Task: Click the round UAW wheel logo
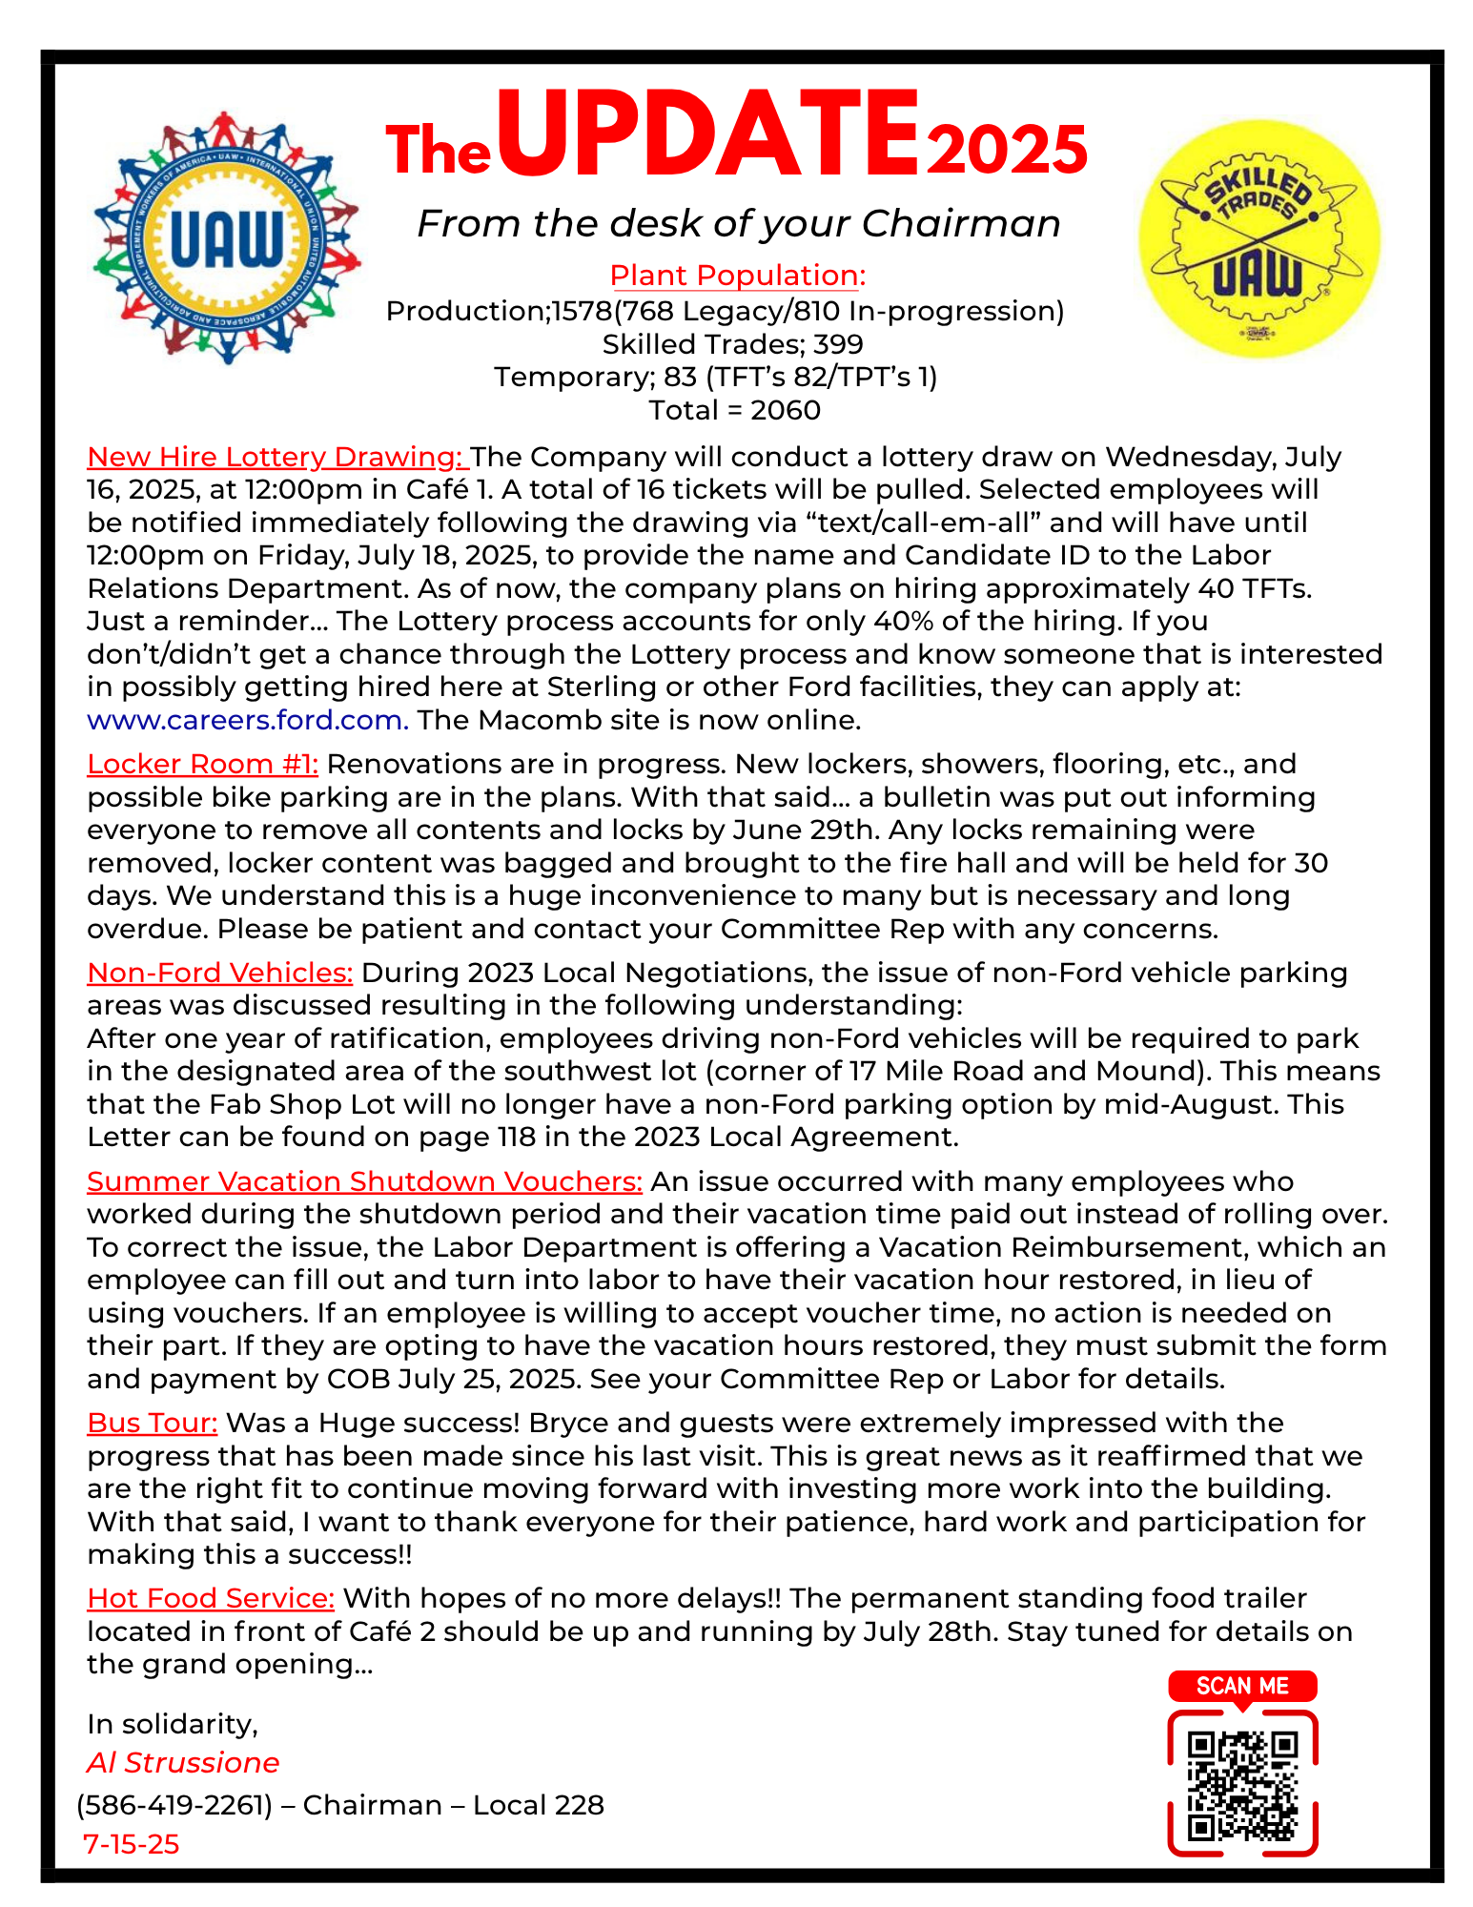click(x=227, y=237)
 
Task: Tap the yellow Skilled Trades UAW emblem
click(x=1258, y=238)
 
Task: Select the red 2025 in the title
click(x=1007, y=151)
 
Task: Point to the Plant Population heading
click(x=737, y=276)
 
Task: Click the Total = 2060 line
click(x=734, y=410)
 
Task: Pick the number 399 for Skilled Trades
click(x=838, y=344)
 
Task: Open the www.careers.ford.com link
click(x=248, y=720)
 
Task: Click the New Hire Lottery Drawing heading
click(x=276, y=457)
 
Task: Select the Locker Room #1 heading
click(x=202, y=764)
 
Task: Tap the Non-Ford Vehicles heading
click(x=219, y=973)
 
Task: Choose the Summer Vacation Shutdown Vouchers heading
click(x=364, y=1181)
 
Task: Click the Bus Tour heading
click(x=153, y=1423)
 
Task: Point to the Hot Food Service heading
click(x=211, y=1598)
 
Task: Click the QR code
click(x=1242, y=1785)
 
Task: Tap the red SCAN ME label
click(x=1242, y=1686)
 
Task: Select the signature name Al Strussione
click(x=183, y=1763)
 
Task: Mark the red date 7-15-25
click(x=132, y=1844)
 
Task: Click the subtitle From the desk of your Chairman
click(x=739, y=224)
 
